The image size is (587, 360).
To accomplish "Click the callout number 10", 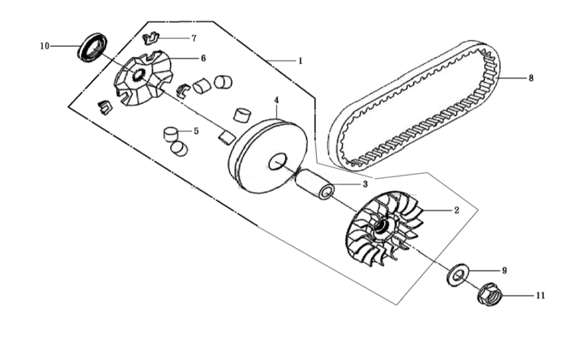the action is point(45,46).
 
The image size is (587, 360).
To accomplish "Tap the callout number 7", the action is point(194,38).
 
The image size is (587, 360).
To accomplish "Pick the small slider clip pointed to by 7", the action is point(150,38).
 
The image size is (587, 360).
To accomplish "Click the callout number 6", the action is point(203,58).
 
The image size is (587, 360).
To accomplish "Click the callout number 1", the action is point(300,61).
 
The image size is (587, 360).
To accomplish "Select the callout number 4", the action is point(276,100).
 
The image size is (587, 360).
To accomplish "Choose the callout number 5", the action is point(196,131).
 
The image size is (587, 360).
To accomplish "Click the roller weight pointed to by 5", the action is point(171,134).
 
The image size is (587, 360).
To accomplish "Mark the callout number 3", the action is point(365,184).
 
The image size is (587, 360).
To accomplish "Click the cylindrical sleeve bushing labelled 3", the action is point(314,184).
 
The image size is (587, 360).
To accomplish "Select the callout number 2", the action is point(456,211).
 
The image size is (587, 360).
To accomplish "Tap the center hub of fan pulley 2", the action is point(382,227).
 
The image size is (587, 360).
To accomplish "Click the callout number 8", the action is point(531,78).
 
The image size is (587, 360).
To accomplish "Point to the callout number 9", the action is point(504,270).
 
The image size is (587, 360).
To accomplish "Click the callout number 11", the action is point(540,296).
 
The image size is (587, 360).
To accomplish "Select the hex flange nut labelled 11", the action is point(490,293).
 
